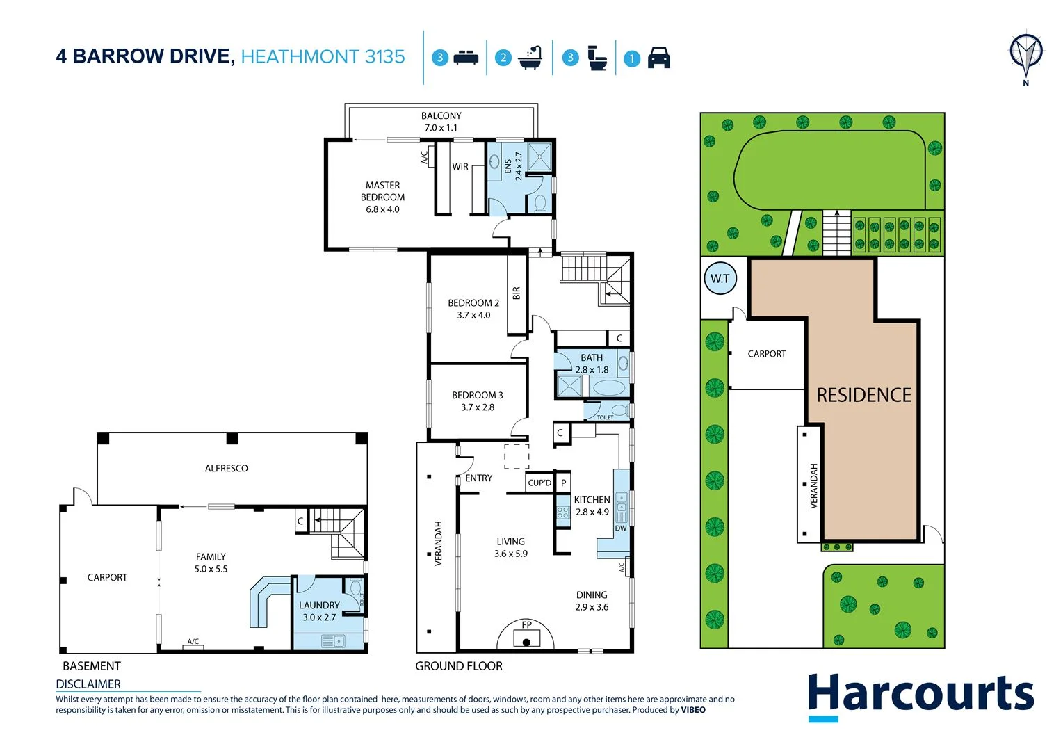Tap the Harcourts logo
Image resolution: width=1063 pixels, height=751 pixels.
[x=920, y=695]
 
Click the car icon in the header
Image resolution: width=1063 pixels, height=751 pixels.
[x=658, y=58]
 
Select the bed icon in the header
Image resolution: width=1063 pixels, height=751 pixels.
[x=466, y=58]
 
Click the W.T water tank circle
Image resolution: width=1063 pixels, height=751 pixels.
[x=720, y=279]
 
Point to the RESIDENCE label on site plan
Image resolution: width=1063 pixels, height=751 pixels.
[x=863, y=395]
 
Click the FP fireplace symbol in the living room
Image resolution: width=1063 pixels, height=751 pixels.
[x=526, y=633]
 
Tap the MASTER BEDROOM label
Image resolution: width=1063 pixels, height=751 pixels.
[x=382, y=191]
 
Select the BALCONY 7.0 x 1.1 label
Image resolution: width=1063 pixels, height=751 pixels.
[x=441, y=122]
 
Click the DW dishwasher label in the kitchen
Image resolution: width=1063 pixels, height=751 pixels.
[x=620, y=528]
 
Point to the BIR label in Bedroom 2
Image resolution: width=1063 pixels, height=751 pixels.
[x=516, y=293]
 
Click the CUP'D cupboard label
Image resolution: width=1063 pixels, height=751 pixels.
[x=539, y=483]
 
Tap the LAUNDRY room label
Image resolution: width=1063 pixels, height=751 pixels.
[x=319, y=606]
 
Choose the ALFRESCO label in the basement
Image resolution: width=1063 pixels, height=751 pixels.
[x=226, y=468]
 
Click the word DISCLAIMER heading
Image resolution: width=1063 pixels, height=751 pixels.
[x=88, y=684]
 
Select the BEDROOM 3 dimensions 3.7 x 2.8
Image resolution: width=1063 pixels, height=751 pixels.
[x=478, y=407]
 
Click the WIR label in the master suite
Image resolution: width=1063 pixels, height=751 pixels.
[x=460, y=167]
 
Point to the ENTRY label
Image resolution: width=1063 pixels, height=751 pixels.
[x=478, y=478]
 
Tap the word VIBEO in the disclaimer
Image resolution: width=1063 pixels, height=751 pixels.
[x=692, y=710]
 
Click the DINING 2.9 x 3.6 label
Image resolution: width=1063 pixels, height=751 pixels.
[x=592, y=601]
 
